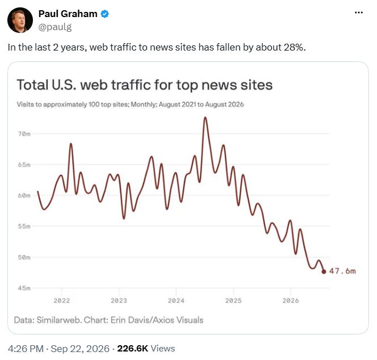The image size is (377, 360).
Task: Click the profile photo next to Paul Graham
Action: [20, 20]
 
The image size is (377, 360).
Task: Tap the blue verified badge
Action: [104, 14]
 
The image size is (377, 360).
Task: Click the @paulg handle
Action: [55, 27]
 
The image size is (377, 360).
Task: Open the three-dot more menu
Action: [359, 12]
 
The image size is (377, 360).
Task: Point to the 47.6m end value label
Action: [342, 271]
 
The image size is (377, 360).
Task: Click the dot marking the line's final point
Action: [324, 271]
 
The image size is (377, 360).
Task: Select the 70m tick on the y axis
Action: [24, 134]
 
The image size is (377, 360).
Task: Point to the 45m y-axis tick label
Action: [24, 288]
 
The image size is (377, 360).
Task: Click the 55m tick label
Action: [24, 227]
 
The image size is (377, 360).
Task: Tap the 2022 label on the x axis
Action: [62, 300]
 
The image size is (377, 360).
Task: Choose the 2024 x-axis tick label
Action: [176, 300]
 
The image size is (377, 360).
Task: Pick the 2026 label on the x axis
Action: [291, 300]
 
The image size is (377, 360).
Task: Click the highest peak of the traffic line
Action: [205, 118]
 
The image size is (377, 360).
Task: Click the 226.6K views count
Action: [132, 349]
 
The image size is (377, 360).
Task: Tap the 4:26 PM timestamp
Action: [26, 349]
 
